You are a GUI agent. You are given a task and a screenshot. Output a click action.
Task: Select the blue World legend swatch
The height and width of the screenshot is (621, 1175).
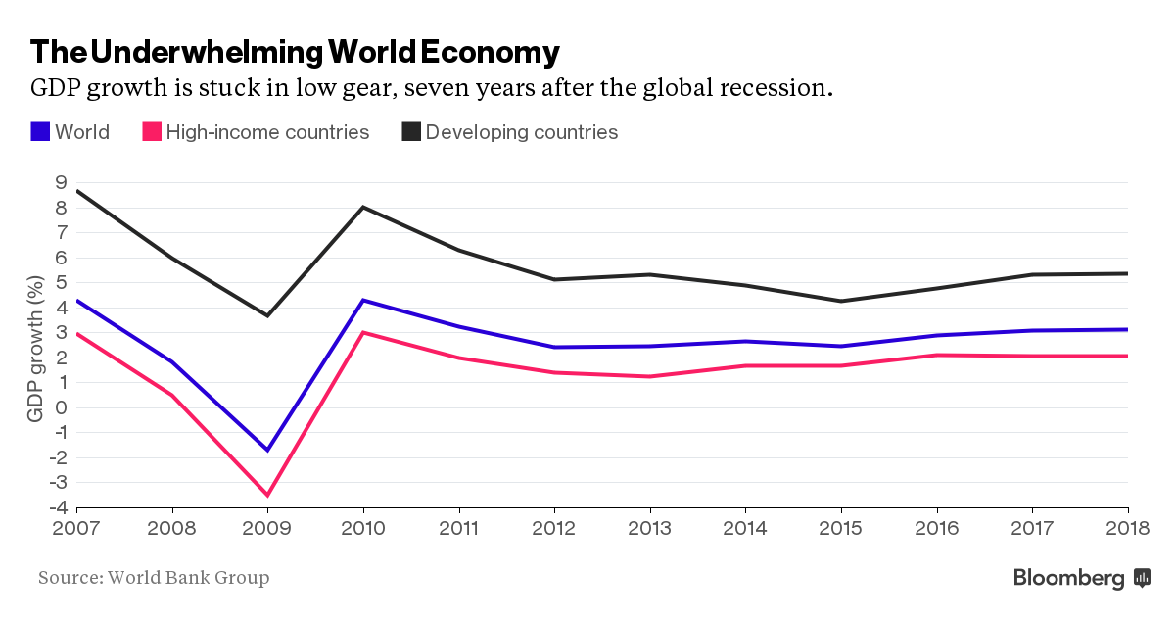[40, 131]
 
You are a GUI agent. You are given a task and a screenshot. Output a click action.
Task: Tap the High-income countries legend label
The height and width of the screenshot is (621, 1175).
[267, 132]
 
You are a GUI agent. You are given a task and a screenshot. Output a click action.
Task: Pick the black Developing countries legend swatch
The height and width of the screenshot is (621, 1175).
[410, 131]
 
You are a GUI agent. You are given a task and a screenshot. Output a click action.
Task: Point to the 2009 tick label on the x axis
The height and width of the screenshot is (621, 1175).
[267, 529]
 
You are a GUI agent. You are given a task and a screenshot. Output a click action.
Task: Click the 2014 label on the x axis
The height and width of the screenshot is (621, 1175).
[745, 529]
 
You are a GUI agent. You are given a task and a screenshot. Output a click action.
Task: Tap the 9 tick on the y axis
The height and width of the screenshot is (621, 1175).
[61, 183]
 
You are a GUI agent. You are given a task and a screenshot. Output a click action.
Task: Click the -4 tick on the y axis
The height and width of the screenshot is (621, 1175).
[58, 507]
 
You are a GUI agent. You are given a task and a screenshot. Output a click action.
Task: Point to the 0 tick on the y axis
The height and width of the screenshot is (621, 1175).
[61, 407]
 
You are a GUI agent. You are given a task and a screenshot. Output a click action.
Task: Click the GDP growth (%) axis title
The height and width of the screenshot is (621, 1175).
[35, 350]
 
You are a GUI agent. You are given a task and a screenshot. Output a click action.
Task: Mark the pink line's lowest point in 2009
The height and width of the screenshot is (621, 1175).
[267, 495]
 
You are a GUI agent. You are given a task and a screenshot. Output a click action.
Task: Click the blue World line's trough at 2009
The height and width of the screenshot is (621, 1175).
[267, 450]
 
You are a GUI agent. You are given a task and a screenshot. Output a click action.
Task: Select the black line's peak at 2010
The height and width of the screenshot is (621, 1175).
[363, 207]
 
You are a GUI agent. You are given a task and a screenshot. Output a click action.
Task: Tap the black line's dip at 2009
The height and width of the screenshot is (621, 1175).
[267, 315]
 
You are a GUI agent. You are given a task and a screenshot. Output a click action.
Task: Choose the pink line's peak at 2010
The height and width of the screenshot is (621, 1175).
[363, 332]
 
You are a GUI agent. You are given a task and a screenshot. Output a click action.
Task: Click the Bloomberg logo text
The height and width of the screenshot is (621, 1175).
[1068, 578]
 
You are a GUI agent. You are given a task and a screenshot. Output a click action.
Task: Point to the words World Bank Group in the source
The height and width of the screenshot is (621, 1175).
[188, 578]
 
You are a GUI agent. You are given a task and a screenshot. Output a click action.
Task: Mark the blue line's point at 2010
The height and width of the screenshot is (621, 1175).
[363, 300]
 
